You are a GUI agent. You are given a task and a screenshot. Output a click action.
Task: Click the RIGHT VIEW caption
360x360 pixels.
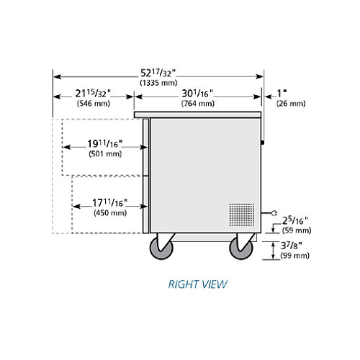pos(197,284)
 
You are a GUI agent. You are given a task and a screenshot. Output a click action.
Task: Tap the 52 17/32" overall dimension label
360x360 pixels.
pos(158,73)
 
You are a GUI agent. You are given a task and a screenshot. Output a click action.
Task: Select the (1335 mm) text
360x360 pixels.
pos(158,83)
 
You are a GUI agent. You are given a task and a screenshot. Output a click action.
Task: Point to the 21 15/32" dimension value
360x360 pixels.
pos(93,94)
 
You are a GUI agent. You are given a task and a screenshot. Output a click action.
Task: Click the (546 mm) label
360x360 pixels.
pos(94,104)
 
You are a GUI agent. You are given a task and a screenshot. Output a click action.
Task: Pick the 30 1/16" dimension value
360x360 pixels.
pos(197,94)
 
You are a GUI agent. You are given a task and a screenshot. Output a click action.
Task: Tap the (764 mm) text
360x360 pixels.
pos(198,104)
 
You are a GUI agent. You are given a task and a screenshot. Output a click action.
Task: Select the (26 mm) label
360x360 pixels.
pos(291,104)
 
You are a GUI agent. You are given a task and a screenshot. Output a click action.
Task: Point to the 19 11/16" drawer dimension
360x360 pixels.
pos(104,144)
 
